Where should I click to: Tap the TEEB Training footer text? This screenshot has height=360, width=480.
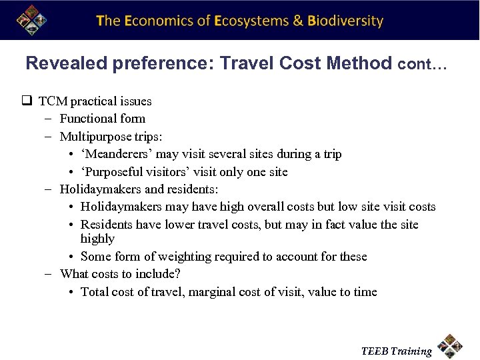397,351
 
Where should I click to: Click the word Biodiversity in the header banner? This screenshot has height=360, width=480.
345,21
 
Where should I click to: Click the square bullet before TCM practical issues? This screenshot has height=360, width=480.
27,101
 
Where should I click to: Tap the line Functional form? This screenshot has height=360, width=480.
102,119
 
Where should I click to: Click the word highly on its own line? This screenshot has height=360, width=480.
97,239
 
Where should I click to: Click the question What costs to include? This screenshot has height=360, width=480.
120,274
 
